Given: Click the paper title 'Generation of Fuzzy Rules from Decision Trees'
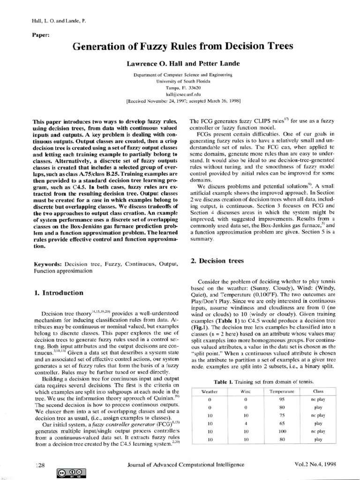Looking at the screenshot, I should [182, 46].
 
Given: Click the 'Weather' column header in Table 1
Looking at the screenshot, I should [210, 390].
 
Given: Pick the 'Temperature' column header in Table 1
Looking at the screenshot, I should [282, 390].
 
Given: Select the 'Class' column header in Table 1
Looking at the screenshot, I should [318, 390].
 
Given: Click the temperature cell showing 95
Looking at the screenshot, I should [282, 399].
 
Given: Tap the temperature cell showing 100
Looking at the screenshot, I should [282, 432].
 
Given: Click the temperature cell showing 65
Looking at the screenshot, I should [282, 423].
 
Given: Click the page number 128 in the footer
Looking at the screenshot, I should [40, 465].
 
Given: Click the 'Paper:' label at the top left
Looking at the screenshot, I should [42, 35].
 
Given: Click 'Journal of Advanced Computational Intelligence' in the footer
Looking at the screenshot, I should [186, 465].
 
